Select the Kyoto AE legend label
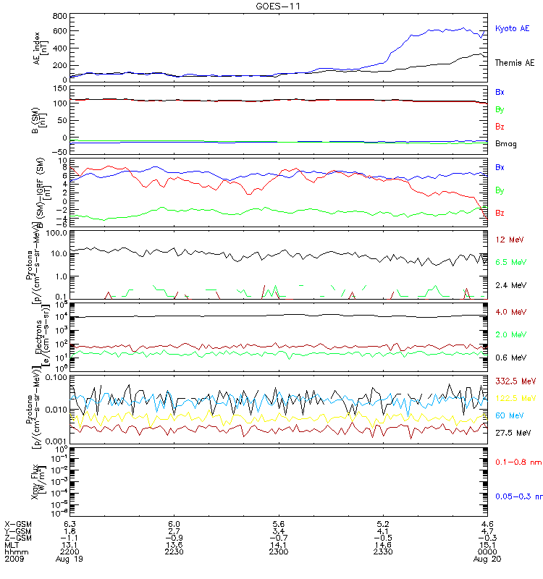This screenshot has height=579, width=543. [x=512, y=28]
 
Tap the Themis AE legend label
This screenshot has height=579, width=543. [x=514, y=63]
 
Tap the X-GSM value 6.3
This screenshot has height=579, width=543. [x=70, y=523]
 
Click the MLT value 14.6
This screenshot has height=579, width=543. [x=384, y=545]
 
